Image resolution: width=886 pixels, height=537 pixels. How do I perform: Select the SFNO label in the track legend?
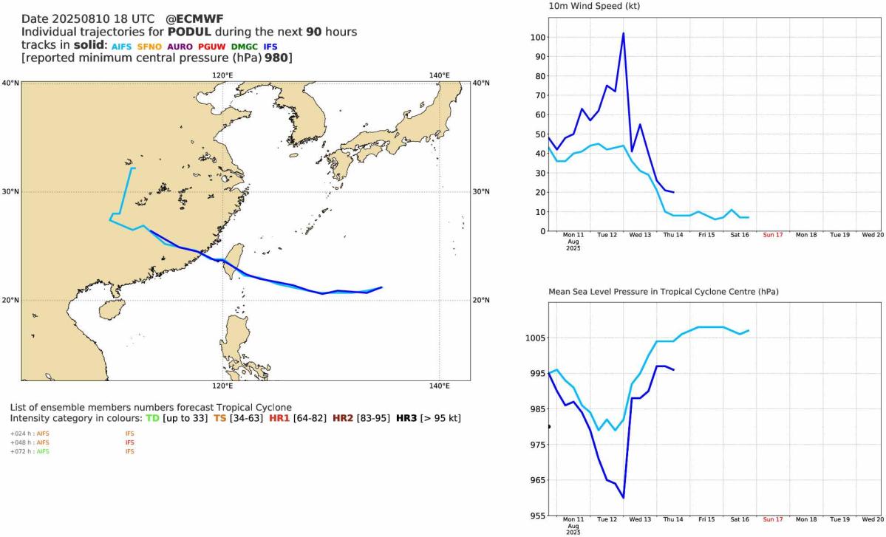pyautogui.click(x=153, y=46)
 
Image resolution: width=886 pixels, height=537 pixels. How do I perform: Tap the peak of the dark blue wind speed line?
pyautogui.click(x=624, y=33)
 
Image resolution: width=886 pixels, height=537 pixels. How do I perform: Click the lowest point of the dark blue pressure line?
pyautogui.click(x=624, y=498)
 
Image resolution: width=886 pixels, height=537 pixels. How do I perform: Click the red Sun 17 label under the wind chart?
pyautogui.click(x=773, y=236)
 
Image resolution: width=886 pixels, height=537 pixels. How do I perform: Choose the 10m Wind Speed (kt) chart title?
pyautogui.click(x=594, y=7)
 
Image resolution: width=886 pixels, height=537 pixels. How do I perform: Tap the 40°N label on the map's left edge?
pyautogui.click(x=10, y=83)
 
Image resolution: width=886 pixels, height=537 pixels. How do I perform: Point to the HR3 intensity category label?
pyautogui.click(x=406, y=418)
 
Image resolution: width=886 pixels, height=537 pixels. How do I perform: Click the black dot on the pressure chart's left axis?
pyautogui.click(x=548, y=426)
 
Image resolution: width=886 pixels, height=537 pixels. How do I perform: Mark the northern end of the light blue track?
pyautogui.click(x=133, y=168)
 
